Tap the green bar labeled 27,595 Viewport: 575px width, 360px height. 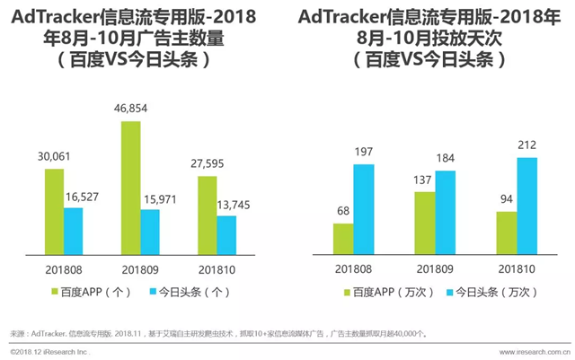207,214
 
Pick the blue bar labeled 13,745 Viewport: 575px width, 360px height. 226,233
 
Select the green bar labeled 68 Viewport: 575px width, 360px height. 343,238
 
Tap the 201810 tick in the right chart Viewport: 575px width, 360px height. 517,266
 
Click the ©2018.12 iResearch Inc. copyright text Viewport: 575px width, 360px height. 47,351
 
